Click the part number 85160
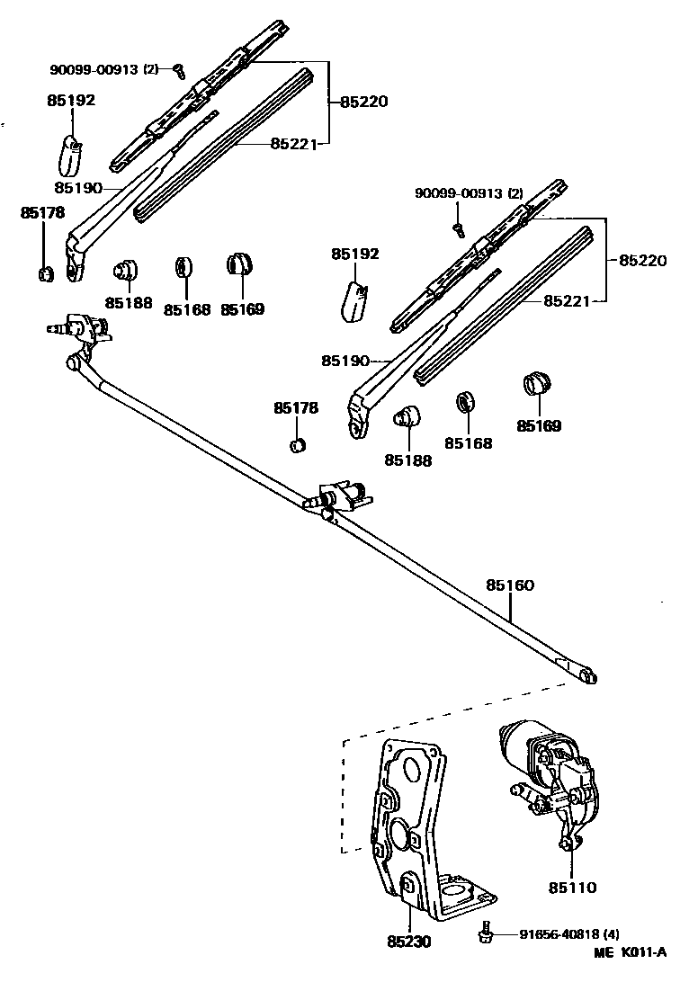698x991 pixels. click(x=510, y=585)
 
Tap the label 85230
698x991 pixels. click(x=409, y=942)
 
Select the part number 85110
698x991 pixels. click(x=572, y=888)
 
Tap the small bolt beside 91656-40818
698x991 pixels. click(x=487, y=933)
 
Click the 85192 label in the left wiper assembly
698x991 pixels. click(x=71, y=101)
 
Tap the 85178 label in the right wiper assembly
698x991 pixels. click(x=296, y=408)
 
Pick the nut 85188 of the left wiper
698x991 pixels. click(x=124, y=270)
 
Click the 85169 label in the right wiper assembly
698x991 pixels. click(x=539, y=425)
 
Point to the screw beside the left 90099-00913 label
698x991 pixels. click(x=178, y=68)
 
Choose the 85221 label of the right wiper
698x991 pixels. click(x=568, y=301)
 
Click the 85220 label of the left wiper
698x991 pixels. click(x=363, y=102)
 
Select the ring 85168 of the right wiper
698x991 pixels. click(x=465, y=401)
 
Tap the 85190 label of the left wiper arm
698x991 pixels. click(x=77, y=188)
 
